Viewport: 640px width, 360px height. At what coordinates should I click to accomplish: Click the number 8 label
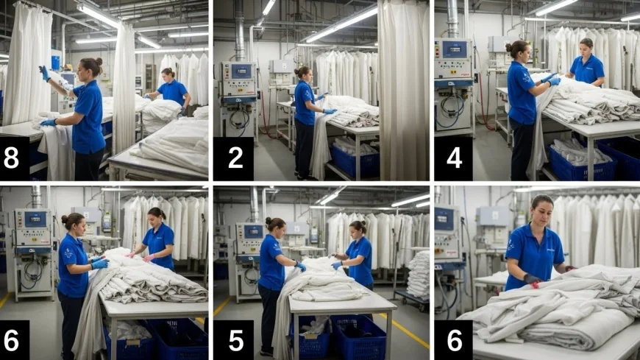[11, 158]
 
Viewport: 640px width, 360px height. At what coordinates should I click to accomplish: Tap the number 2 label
[235, 158]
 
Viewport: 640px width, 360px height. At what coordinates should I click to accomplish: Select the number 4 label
[454, 158]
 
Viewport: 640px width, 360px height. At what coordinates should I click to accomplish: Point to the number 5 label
[235, 340]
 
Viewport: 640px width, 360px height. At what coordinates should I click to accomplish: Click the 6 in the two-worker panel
[11, 340]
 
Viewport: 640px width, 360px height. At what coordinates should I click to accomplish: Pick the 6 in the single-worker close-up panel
[454, 340]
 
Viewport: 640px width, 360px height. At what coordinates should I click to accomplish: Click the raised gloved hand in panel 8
[44, 73]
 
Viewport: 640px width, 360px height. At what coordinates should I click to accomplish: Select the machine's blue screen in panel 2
[241, 71]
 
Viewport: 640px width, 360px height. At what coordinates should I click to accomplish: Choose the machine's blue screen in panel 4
[455, 49]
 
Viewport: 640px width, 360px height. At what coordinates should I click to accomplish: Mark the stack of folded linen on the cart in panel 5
[418, 273]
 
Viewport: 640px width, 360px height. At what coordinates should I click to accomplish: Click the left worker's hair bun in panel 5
[268, 221]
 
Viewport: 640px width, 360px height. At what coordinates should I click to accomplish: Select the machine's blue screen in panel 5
[253, 232]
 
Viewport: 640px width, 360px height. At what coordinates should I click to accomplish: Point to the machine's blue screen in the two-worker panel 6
[35, 219]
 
